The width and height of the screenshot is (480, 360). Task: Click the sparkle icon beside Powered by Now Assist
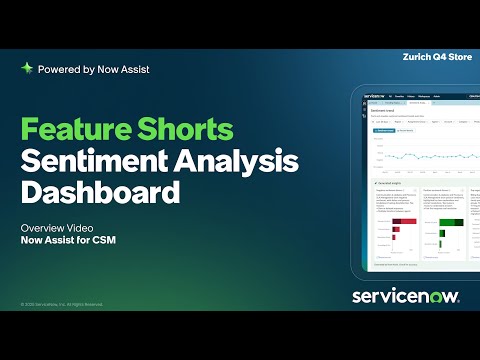pyautogui.click(x=27, y=69)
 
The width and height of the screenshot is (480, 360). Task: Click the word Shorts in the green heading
pyautogui.click(x=185, y=131)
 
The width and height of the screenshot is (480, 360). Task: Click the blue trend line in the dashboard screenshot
pyautogui.click(x=420, y=155)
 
